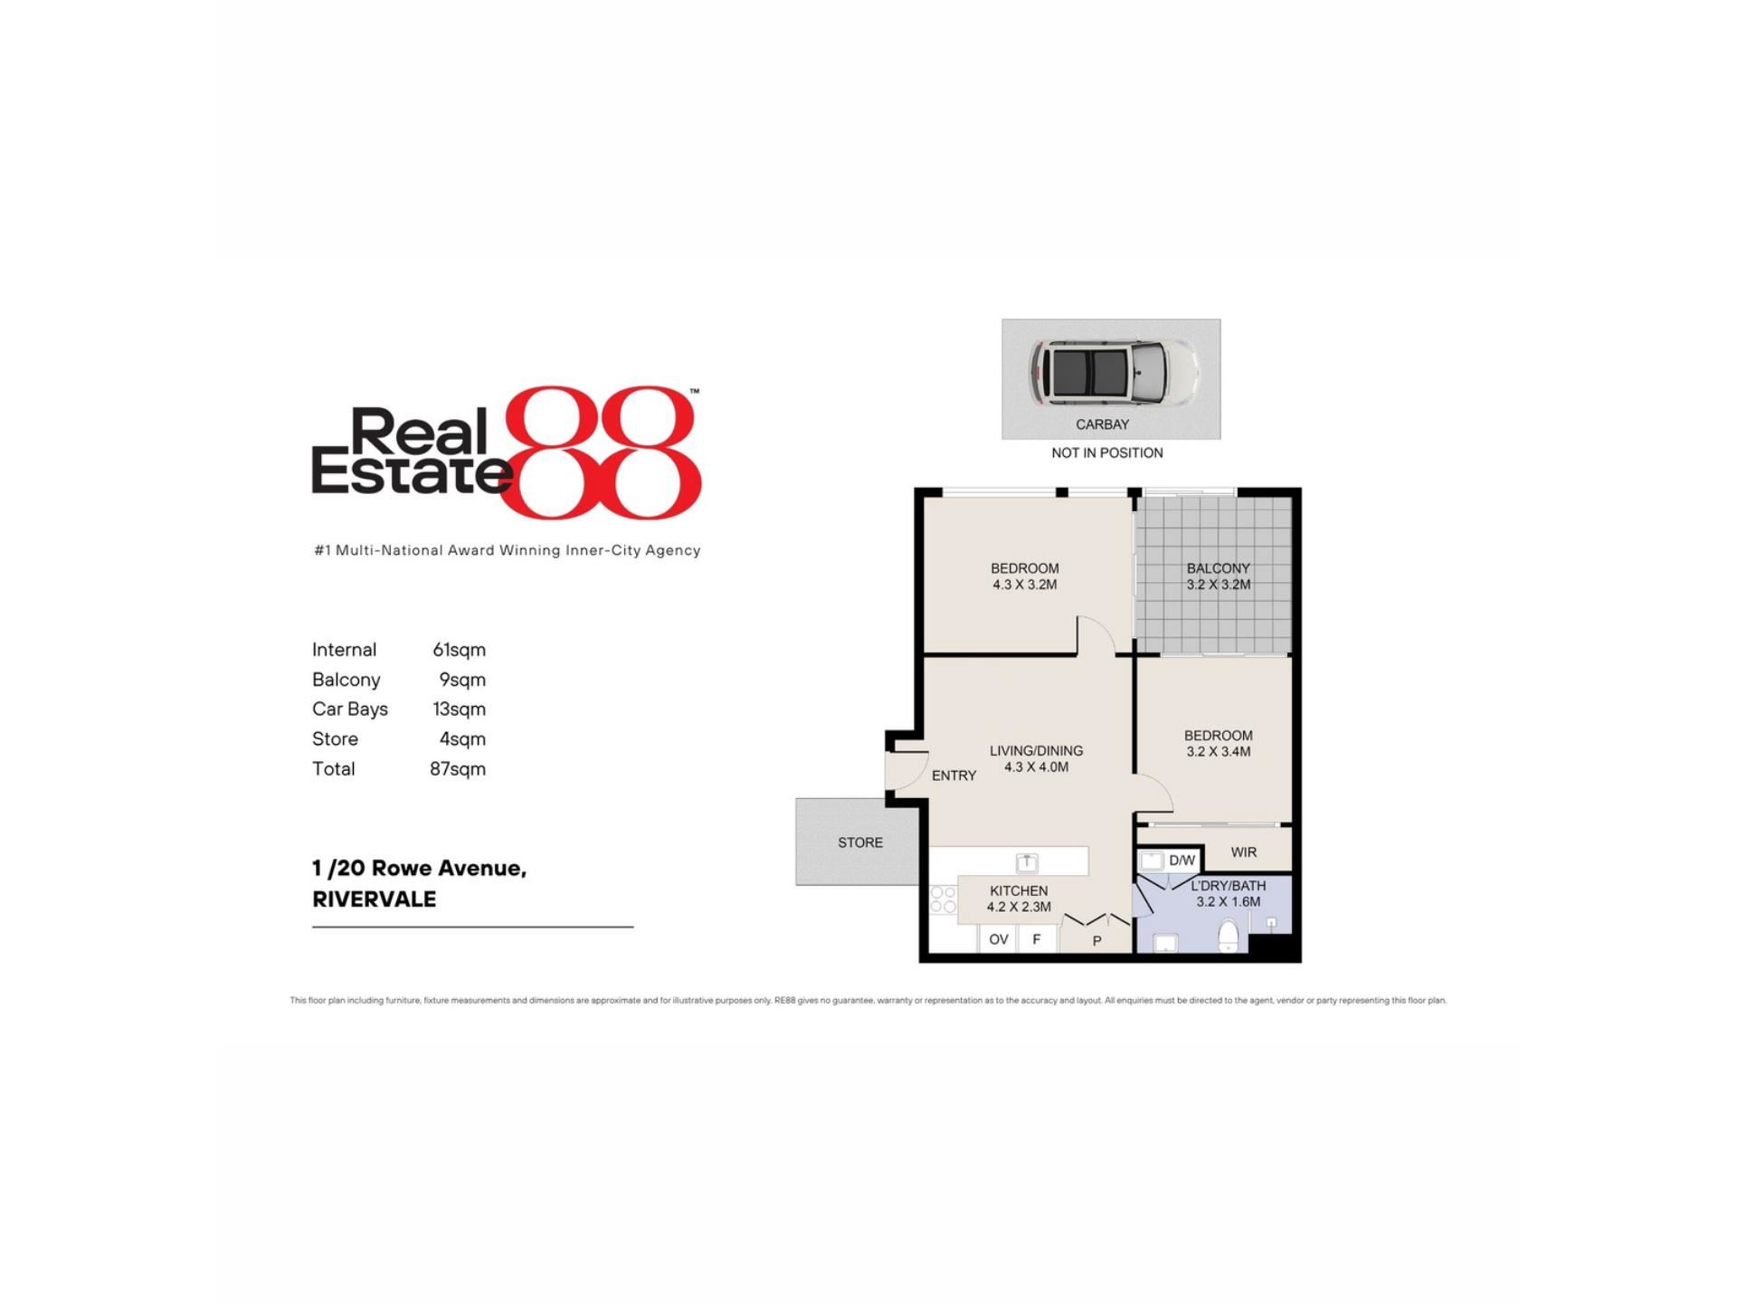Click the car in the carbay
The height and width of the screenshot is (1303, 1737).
pyautogui.click(x=1115, y=372)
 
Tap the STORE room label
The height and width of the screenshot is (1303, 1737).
pyautogui.click(x=860, y=842)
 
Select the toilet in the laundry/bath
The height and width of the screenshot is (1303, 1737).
pyautogui.click(x=1229, y=935)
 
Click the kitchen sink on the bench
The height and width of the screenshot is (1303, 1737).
pyautogui.click(x=1027, y=861)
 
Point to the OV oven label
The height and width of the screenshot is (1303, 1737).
pyautogui.click(x=999, y=939)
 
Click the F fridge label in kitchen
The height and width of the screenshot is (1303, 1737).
pyautogui.click(x=1037, y=939)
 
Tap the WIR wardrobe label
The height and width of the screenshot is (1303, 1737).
pyautogui.click(x=1244, y=852)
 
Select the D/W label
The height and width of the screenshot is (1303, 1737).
pyautogui.click(x=1182, y=861)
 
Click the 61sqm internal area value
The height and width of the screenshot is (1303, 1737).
pyautogui.click(x=460, y=650)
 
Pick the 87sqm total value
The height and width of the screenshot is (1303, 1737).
pyautogui.click(x=458, y=769)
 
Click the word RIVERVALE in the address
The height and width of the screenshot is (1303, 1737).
pyautogui.click(x=375, y=899)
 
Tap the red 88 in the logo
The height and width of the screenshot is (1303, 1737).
pyautogui.click(x=602, y=452)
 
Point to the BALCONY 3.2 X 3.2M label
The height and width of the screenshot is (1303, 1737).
pyautogui.click(x=1219, y=576)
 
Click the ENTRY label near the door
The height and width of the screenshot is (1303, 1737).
pyautogui.click(x=954, y=775)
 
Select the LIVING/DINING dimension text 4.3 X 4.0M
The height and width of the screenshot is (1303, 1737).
pyautogui.click(x=1037, y=767)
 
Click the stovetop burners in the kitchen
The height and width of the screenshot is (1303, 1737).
pyautogui.click(x=943, y=899)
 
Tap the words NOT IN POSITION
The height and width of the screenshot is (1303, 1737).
pyautogui.click(x=1107, y=452)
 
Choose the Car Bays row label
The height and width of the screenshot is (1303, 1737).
pyautogui.click(x=350, y=709)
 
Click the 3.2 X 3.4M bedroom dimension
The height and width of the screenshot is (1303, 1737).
pyautogui.click(x=1219, y=752)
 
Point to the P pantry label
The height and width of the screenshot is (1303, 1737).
pyautogui.click(x=1097, y=941)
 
